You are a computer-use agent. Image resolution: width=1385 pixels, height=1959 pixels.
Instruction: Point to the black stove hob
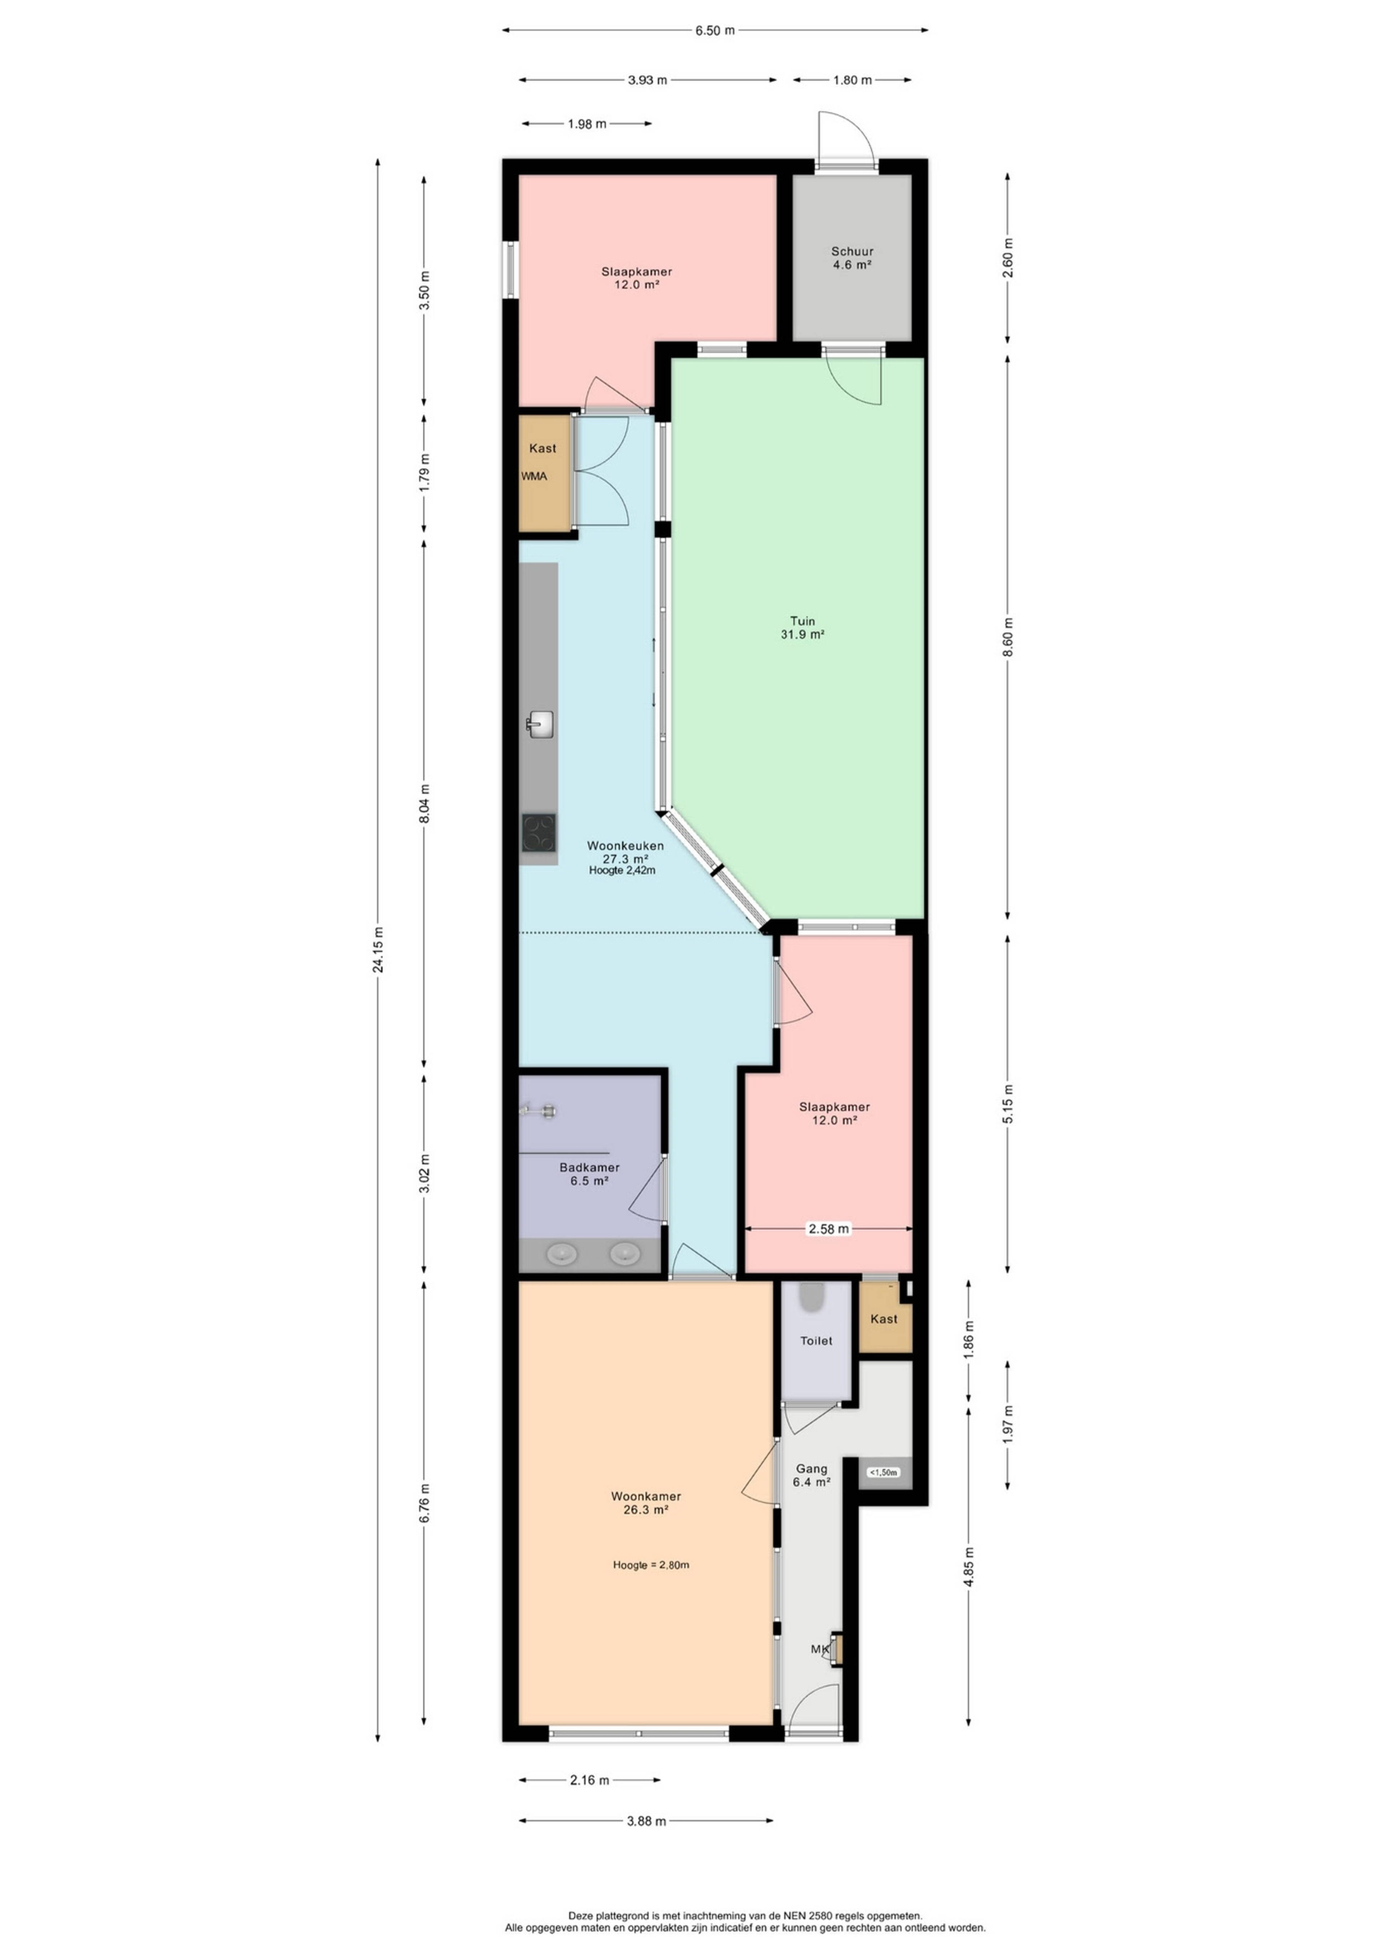(x=539, y=833)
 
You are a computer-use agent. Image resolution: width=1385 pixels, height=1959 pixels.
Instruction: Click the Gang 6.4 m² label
(x=812, y=1475)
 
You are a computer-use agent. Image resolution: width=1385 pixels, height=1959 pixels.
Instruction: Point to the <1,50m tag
(x=884, y=1472)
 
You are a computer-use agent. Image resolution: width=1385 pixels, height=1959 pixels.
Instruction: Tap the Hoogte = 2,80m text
(x=651, y=1565)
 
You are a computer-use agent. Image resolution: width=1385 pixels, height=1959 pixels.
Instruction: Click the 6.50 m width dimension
(x=715, y=31)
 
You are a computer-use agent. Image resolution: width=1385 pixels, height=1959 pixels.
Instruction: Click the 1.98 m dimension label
(x=587, y=124)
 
